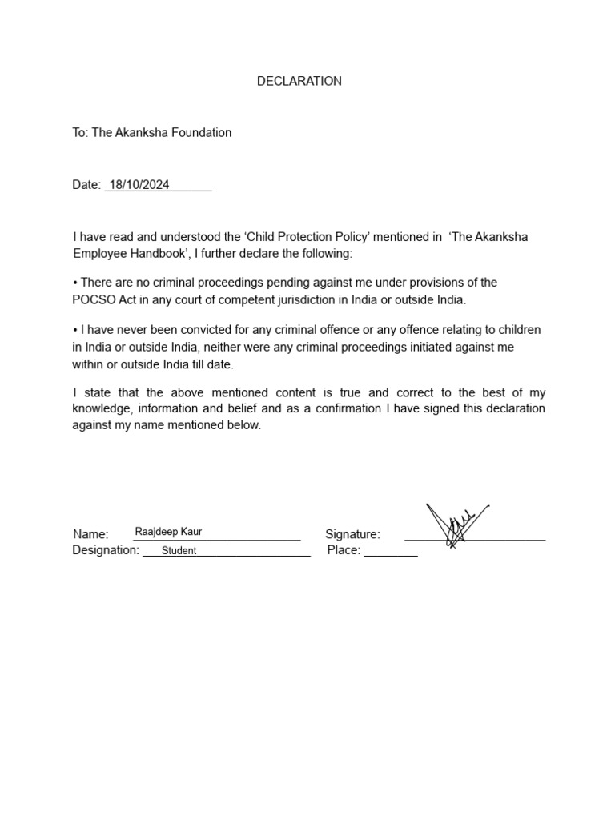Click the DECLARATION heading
tap(299, 81)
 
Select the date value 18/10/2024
tap(139, 184)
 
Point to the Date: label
tap(86, 185)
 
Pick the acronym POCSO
tap(94, 299)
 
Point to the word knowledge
tap(101, 408)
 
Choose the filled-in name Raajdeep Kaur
tap(169, 531)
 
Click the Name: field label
tap(90, 534)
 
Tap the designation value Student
tap(179, 551)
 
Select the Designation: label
tap(106, 551)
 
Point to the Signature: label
tap(352, 534)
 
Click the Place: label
tap(344, 551)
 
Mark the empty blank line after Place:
tap(391, 554)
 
